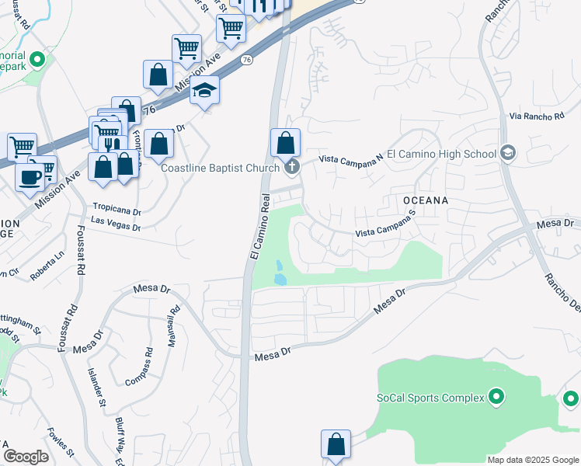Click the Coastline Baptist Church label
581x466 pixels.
point(220,169)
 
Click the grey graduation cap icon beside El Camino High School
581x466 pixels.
point(509,152)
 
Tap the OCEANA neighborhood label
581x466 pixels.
point(426,200)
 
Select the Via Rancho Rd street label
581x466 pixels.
point(537,116)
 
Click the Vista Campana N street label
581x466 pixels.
point(352,158)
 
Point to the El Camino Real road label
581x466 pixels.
point(259,227)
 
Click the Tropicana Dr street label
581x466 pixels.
point(117,210)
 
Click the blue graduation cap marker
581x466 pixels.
point(205,92)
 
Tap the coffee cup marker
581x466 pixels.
point(31,176)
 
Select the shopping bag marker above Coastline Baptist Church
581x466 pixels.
point(285,143)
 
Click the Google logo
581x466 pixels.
point(26,456)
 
